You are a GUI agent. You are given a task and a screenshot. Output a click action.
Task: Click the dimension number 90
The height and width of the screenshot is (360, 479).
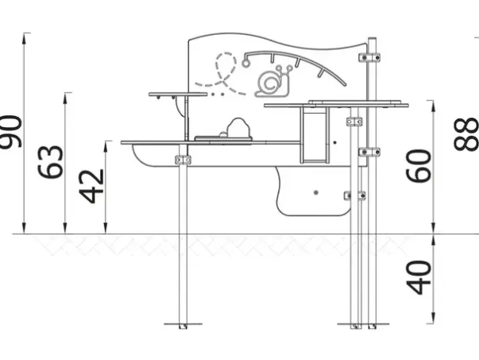click(x=11, y=131)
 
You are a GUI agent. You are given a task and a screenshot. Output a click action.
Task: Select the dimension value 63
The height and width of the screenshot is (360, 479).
click(x=50, y=161)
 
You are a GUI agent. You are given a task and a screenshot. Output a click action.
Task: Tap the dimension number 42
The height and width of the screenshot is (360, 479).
click(x=91, y=187)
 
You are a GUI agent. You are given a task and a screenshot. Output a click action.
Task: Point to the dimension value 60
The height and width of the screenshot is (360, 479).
click(x=419, y=166)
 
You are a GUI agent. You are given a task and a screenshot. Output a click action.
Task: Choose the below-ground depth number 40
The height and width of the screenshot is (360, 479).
click(x=419, y=277)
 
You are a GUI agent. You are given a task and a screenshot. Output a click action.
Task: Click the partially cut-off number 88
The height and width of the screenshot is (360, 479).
click(x=466, y=134)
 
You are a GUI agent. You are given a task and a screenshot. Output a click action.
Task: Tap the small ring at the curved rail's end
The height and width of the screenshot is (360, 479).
click(x=245, y=63)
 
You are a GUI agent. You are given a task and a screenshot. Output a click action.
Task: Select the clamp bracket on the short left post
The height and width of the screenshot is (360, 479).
click(x=183, y=160)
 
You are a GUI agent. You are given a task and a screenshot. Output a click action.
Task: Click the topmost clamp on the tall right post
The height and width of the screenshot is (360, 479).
click(x=369, y=57)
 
